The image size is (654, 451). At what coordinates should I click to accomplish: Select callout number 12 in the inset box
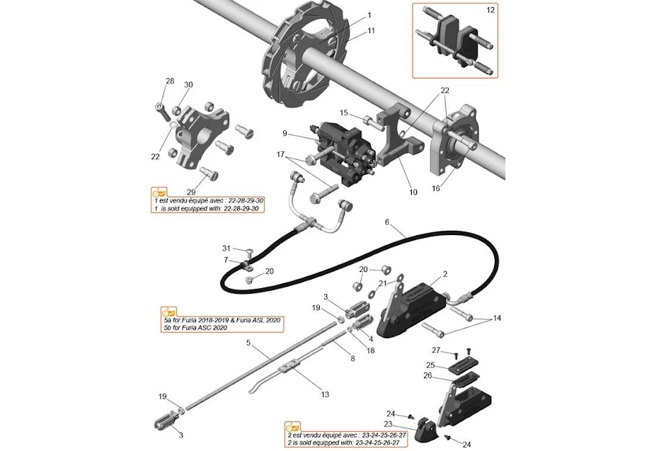490,11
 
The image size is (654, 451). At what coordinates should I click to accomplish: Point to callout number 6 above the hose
387,222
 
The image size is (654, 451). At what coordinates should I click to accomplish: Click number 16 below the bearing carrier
435,189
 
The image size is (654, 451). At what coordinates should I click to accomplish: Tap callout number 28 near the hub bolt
169,81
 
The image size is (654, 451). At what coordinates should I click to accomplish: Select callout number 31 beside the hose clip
226,248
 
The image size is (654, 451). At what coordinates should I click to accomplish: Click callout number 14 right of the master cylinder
497,319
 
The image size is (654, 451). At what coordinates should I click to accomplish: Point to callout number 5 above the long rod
249,343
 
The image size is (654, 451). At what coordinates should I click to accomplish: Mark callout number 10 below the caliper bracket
413,192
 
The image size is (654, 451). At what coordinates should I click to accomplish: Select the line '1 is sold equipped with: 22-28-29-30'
209,208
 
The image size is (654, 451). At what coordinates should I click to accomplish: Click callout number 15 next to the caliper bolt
344,113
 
